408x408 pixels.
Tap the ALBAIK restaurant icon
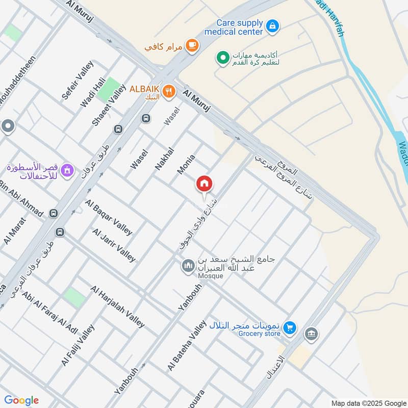169,92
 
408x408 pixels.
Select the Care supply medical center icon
272,25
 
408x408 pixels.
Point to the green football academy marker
222,58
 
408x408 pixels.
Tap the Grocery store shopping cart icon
290,327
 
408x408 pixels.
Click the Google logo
21,400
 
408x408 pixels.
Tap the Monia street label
186,164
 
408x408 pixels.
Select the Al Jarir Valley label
114,245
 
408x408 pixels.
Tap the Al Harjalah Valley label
118,306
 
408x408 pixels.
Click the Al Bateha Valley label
187,345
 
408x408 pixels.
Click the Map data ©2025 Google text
367,402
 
